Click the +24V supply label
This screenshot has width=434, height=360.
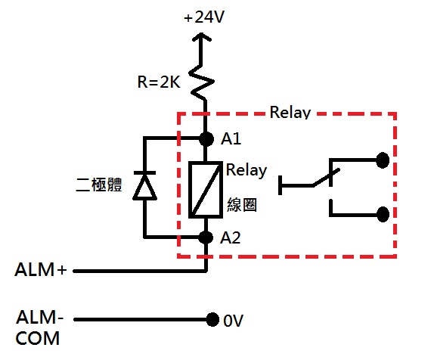tap(204, 17)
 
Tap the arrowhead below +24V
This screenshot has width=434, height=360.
tap(202, 37)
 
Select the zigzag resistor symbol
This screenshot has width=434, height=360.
tap(201, 82)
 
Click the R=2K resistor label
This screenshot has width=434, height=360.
tap(159, 82)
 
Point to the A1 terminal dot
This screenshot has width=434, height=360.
tap(206, 138)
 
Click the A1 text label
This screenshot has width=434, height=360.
tap(231, 138)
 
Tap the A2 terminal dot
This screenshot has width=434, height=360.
tap(206, 237)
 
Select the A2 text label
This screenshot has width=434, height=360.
tap(231, 237)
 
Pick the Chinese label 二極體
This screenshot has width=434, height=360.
tap(99, 185)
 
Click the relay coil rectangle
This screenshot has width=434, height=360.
tap(206, 190)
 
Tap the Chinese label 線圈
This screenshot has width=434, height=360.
tap(242, 205)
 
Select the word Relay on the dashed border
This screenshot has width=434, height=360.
tap(290, 113)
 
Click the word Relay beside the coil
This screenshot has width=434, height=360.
tap(246, 169)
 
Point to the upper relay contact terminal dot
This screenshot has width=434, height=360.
tap(383, 160)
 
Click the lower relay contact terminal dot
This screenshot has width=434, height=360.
tap(383, 214)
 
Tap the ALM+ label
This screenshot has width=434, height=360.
tap(41, 269)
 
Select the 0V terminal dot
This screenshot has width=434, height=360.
tap(212, 320)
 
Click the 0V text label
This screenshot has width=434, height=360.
tap(233, 321)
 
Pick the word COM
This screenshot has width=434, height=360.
tap(37, 338)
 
